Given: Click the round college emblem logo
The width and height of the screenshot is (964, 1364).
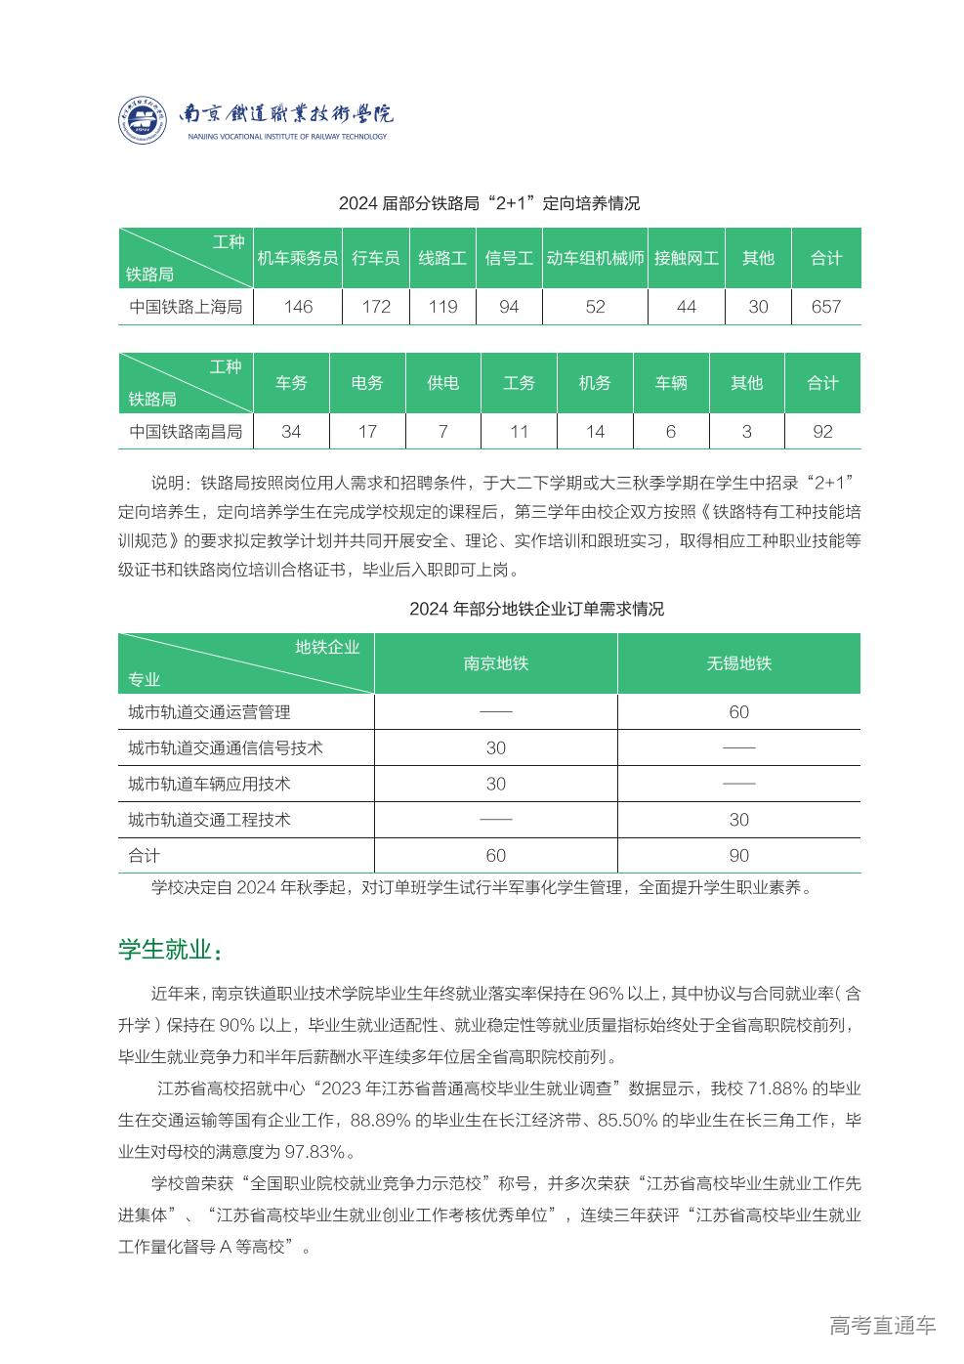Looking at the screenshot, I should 144,121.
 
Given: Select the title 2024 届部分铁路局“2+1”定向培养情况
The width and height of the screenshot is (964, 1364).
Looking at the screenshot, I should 488,203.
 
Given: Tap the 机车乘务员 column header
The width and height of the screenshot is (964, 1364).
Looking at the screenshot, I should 297,258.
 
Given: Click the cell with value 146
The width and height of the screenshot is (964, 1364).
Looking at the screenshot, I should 297,307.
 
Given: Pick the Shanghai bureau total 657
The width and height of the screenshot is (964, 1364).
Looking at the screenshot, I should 825,307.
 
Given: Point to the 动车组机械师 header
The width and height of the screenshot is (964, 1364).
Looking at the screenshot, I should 595,258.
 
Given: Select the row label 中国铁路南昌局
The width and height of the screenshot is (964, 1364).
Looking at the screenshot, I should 186,431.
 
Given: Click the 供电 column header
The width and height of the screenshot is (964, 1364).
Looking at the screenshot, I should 442,383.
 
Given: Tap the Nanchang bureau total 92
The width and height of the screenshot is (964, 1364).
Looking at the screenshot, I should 822,431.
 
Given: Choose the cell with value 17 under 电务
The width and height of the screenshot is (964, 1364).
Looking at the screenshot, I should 367,431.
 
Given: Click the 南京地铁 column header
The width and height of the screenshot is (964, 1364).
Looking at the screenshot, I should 495,663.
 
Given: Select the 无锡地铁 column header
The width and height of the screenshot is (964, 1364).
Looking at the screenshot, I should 738,663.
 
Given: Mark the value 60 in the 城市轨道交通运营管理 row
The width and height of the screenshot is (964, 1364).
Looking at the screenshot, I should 738,712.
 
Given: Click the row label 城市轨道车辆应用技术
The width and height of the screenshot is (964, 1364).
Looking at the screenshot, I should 209,784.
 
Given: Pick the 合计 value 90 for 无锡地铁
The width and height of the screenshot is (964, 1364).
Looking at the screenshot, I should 738,856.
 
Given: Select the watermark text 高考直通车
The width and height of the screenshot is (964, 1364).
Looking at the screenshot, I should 882,1326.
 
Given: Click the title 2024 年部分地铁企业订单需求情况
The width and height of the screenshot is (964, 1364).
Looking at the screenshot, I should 536,609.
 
